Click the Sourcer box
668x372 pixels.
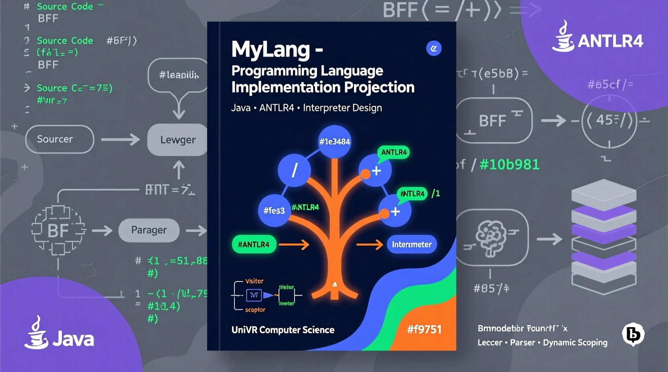pyautogui.click(x=59, y=139)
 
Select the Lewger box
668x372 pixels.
pyautogui.click(x=177, y=139)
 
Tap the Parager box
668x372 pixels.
pyautogui.click(x=149, y=230)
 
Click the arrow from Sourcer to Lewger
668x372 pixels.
pyautogui.click(x=120, y=139)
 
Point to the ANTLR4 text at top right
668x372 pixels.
pyautogui.click(x=610, y=41)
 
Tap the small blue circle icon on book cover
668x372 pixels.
pyautogui.click(x=434, y=49)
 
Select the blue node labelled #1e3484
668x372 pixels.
pyautogui.click(x=334, y=142)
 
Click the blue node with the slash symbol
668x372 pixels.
pyautogui.click(x=294, y=170)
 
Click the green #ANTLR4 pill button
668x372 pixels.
pyautogui.click(x=254, y=245)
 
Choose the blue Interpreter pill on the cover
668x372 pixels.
pyautogui.click(x=411, y=245)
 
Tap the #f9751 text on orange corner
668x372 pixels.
pyautogui.click(x=424, y=330)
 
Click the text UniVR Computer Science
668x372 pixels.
pyautogui.click(x=283, y=330)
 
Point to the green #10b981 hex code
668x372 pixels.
pyautogui.click(x=509, y=164)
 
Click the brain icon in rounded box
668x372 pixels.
pyautogui.click(x=491, y=237)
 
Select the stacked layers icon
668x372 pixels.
pyautogui.click(x=604, y=237)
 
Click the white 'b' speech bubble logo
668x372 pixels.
pyautogui.click(x=633, y=334)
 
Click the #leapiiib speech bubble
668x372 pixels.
pyautogui.click(x=179, y=75)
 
